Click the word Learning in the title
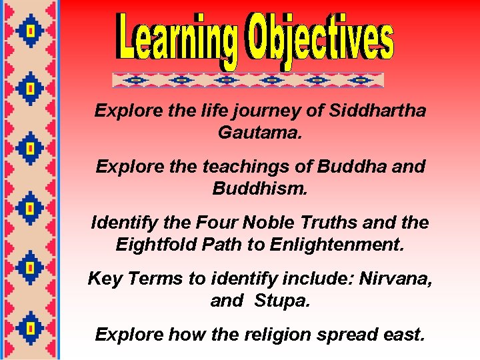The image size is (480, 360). click(169, 40)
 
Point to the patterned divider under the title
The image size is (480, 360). click(248, 80)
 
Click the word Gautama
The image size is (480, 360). click(259, 133)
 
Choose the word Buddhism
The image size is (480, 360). click(259, 189)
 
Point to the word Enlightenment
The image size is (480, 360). click(337, 245)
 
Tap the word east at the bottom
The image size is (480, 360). click(403, 334)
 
